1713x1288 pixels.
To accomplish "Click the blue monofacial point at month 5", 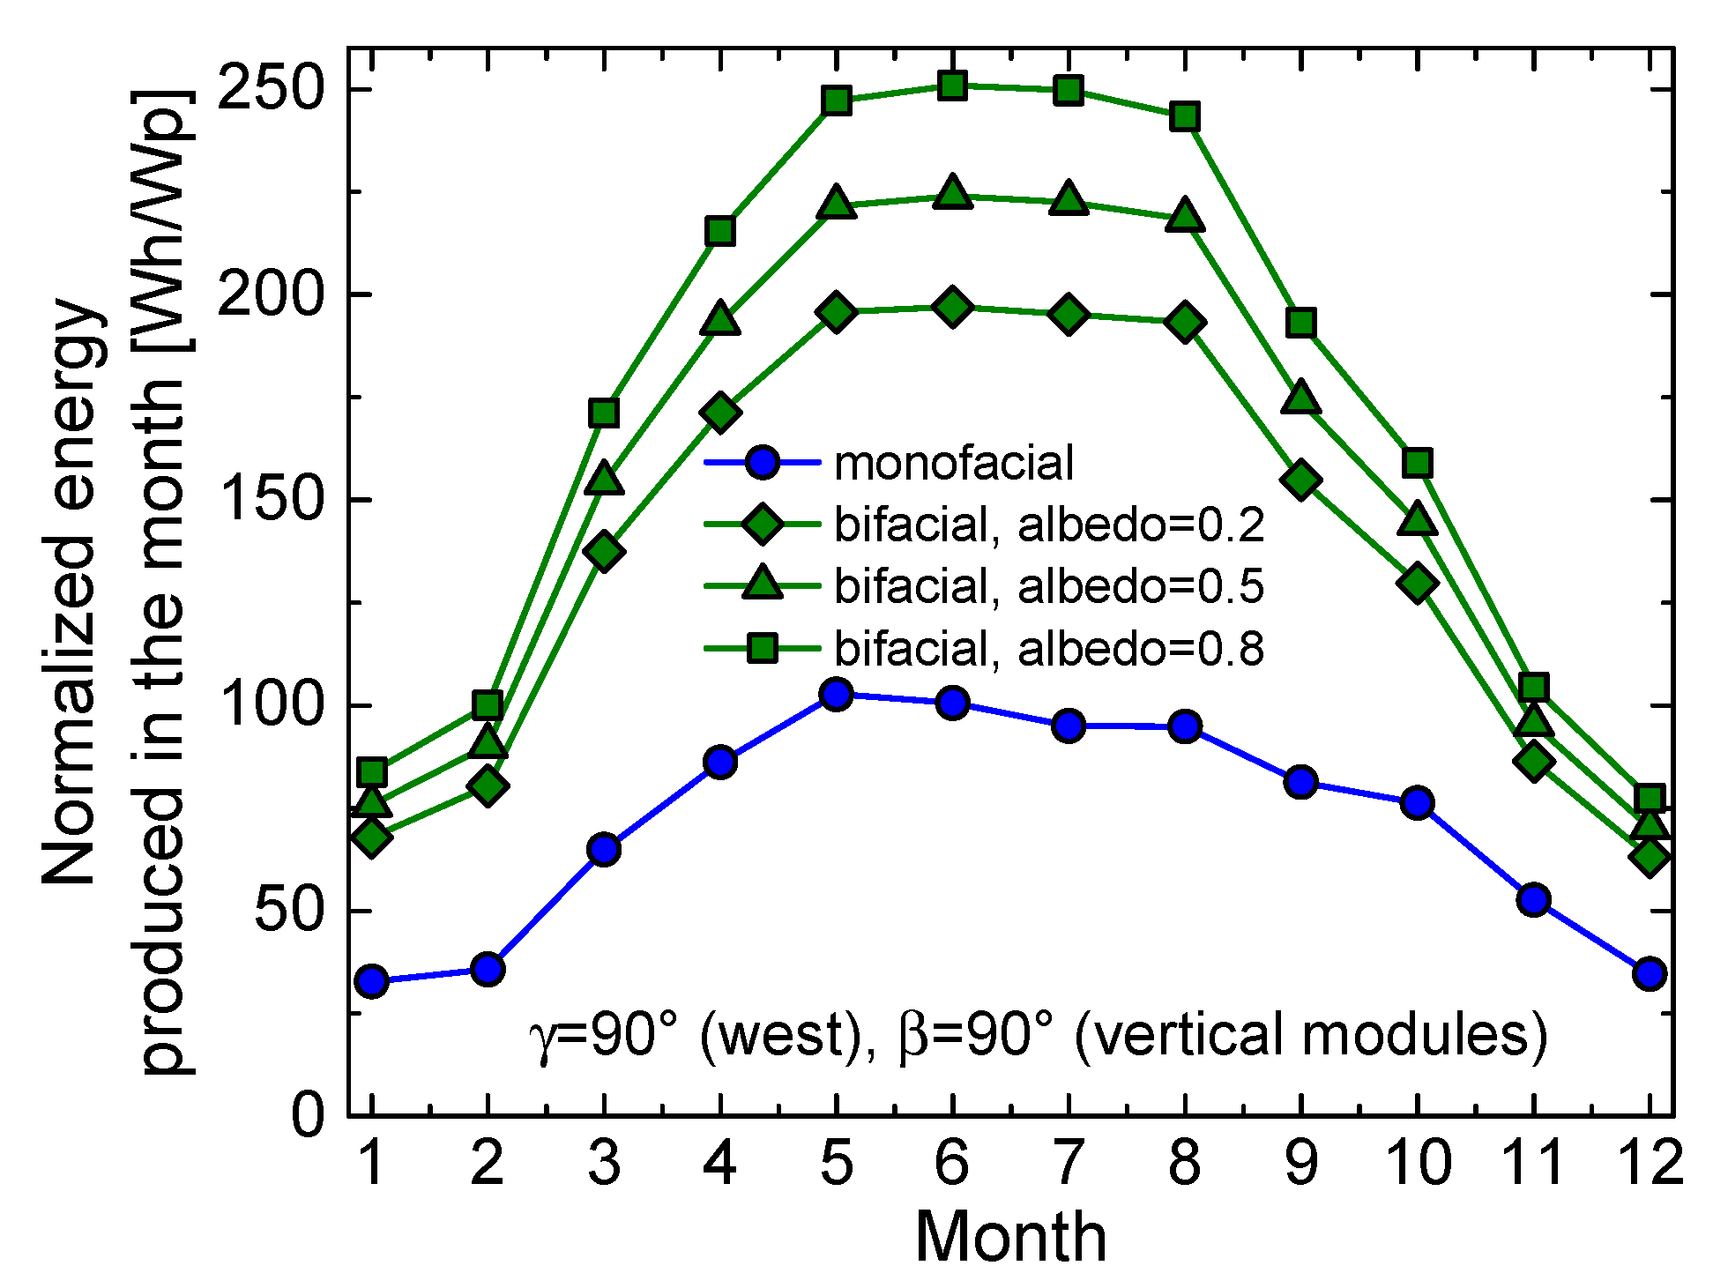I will pyautogui.click(x=836, y=695).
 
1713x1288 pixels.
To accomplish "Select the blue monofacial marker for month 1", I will pyautogui.click(x=372, y=980).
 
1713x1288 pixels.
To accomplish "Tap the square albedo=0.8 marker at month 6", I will pyautogui.click(x=952, y=86).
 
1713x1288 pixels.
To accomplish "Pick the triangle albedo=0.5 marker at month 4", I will pyautogui.click(x=720, y=318).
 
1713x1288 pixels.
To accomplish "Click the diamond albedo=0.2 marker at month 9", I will pyautogui.click(x=1301, y=480).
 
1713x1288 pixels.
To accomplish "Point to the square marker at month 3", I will pyautogui.click(x=604, y=413).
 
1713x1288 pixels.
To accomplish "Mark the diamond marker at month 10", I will pyautogui.click(x=1418, y=583).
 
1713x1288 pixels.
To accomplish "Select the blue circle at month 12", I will pyautogui.click(x=1650, y=973).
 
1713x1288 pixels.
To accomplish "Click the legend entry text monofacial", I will pyautogui.click(x=954, y=463).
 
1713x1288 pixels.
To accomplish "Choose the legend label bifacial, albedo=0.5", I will pyautogui.click(x=1049, y=586).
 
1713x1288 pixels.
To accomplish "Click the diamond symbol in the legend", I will pyautogui.click(x=763, y=524).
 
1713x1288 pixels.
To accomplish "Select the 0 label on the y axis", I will pyautogui.click(x=309, y=1115).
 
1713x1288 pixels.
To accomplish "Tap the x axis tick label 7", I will pyautogui.click(x=1069, y=1162).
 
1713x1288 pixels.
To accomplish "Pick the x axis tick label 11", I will pyautogui.click(x=1534, y=1162).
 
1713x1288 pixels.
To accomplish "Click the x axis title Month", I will pyautogui.click(x=1010, y=1237).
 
